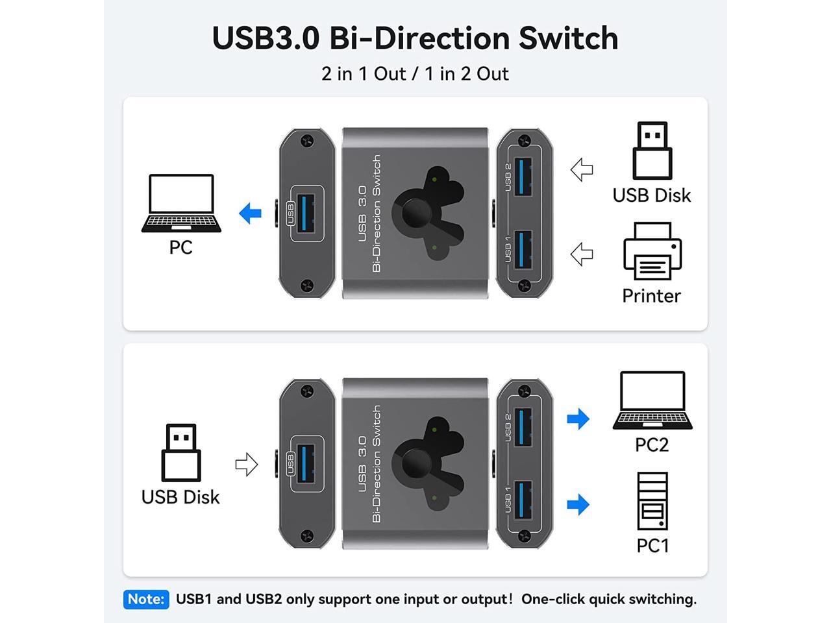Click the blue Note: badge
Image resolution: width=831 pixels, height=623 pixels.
point(145,599)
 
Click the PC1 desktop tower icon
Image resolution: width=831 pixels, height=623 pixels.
point(652,502)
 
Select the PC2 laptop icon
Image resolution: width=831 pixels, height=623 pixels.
point(652,400)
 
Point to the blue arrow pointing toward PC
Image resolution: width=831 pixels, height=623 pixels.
point(251,213)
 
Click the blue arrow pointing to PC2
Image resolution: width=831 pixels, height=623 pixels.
point(578,419)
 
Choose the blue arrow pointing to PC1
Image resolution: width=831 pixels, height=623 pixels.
point(578,504)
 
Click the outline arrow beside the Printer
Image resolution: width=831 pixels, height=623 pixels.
point(582,254)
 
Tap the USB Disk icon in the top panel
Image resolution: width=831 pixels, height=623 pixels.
point(652,151)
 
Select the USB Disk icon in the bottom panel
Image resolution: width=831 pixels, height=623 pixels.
point(181,452)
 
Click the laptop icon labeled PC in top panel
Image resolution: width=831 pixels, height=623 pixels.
point(181,203)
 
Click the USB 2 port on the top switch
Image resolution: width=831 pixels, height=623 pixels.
point(523,177)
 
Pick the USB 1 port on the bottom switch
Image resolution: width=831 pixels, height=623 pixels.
point(523,500)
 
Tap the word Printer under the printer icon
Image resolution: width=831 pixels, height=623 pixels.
point(651,296)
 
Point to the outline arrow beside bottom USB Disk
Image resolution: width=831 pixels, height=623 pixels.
point(247,464)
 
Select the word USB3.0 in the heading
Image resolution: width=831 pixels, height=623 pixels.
point(266,38)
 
